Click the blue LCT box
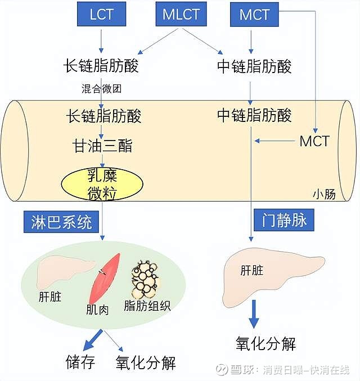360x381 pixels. [102, 14]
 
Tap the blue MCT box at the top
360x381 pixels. [254, 14]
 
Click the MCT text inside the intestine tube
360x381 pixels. [314, 140]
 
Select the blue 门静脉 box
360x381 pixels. [284, 220]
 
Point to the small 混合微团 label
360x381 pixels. [101, 88]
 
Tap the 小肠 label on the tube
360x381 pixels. [324, 194]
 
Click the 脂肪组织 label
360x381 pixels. [147, 307]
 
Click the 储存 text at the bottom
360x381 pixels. [80, 361]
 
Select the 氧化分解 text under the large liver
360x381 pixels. [265, 343]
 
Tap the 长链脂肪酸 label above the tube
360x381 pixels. [102, 66]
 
